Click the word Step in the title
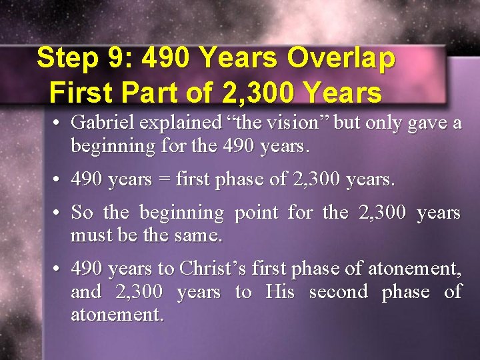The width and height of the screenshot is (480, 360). [x=67, y=58]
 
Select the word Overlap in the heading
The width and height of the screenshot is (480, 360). [x=341, y=58]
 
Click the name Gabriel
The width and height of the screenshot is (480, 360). [x=103, y=123]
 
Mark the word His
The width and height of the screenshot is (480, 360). [x=279, y=291]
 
